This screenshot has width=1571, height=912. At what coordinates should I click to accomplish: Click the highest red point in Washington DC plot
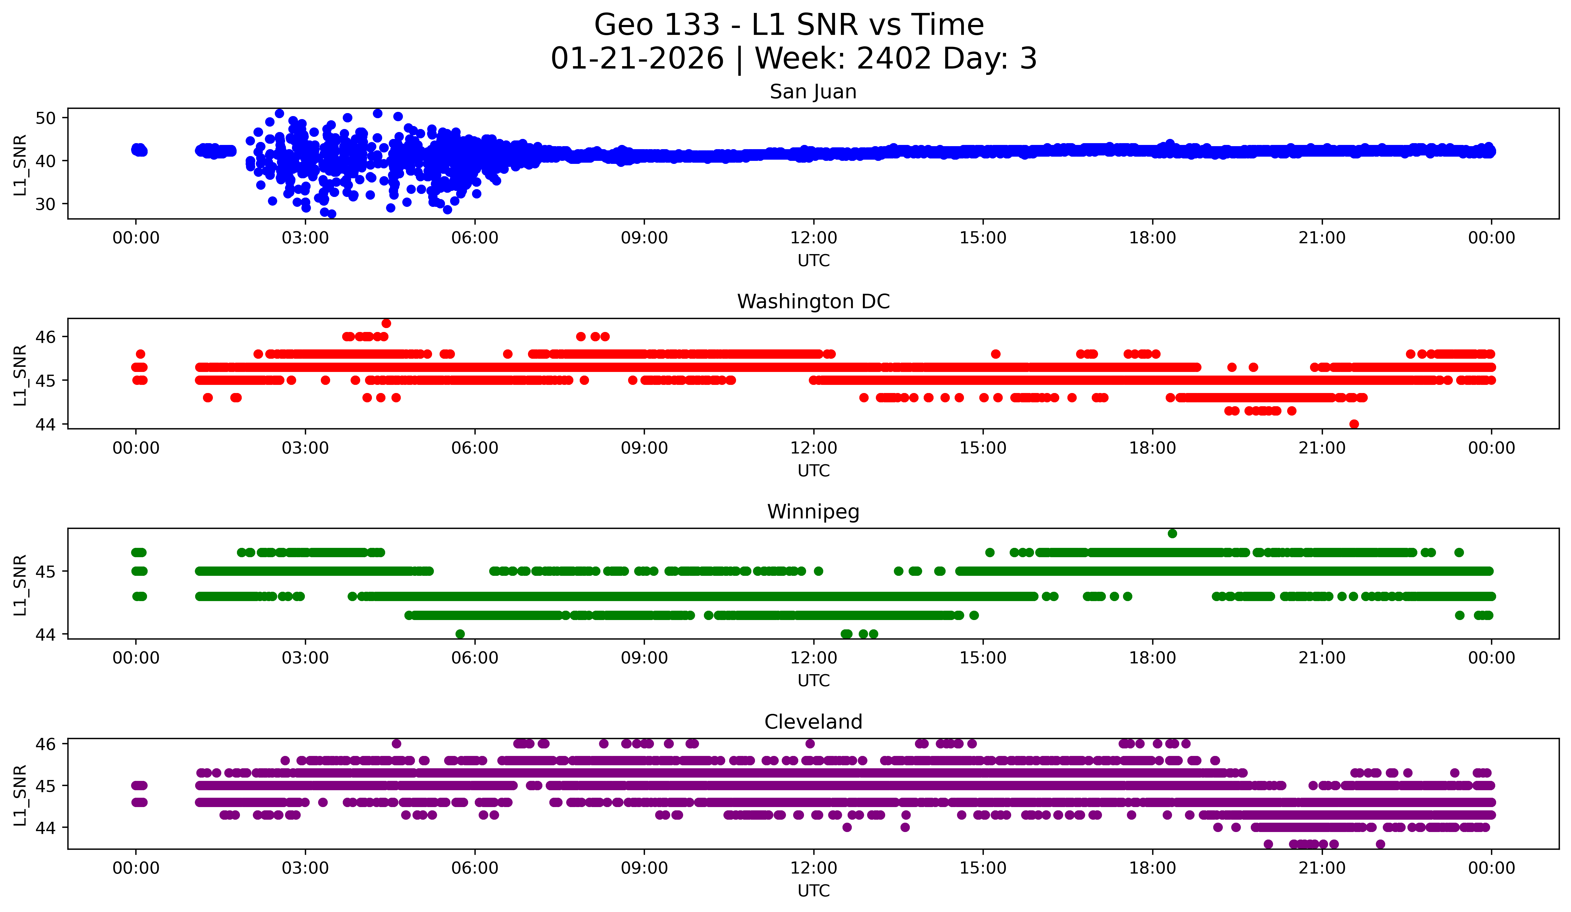(387, 323)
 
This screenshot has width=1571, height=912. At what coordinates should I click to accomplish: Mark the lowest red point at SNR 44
(1354, 424)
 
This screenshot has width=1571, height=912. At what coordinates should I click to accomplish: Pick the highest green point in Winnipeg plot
(1172, 533)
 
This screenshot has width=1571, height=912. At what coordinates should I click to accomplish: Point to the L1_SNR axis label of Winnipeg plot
(20, 585)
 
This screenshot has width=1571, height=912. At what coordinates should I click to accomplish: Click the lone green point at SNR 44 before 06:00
(460, 634)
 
